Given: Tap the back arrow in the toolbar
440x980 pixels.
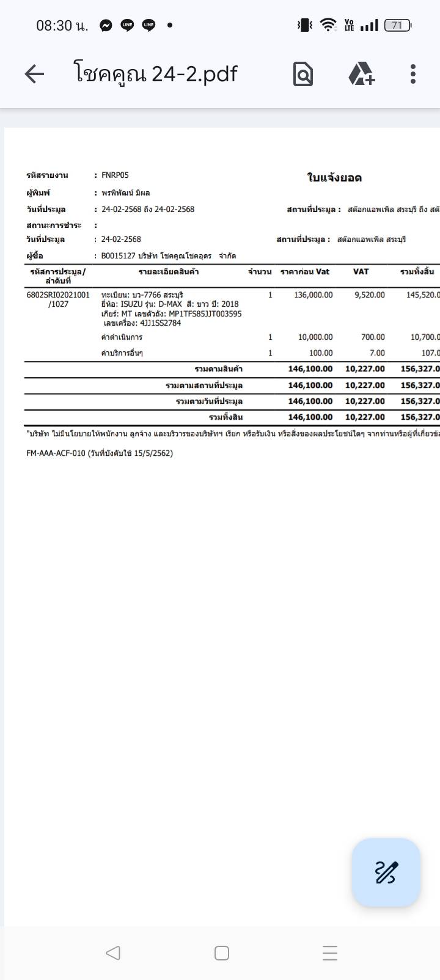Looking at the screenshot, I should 34,75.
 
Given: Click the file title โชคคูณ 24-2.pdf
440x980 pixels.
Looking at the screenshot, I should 156,74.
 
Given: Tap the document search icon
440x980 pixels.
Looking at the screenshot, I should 303,75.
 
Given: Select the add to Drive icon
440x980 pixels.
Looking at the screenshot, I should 361,75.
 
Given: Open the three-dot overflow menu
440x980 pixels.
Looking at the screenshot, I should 413,75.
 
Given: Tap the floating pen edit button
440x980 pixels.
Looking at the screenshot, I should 386,872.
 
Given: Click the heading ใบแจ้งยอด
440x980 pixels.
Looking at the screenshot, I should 334,178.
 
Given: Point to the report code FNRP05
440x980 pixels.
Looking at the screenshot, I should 115,175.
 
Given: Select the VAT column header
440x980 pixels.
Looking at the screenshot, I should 361,271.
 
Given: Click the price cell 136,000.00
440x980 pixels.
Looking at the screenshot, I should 313,294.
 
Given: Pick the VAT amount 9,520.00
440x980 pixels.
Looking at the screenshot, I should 370,294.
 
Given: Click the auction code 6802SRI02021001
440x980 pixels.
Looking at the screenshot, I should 58,294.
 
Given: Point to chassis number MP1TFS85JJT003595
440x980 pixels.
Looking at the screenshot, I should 205,313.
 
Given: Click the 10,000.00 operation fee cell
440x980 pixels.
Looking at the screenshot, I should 315,337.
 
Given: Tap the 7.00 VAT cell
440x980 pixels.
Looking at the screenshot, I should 378,353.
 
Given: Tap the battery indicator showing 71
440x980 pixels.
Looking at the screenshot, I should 397,25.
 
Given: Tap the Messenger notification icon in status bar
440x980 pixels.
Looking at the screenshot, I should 106,25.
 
